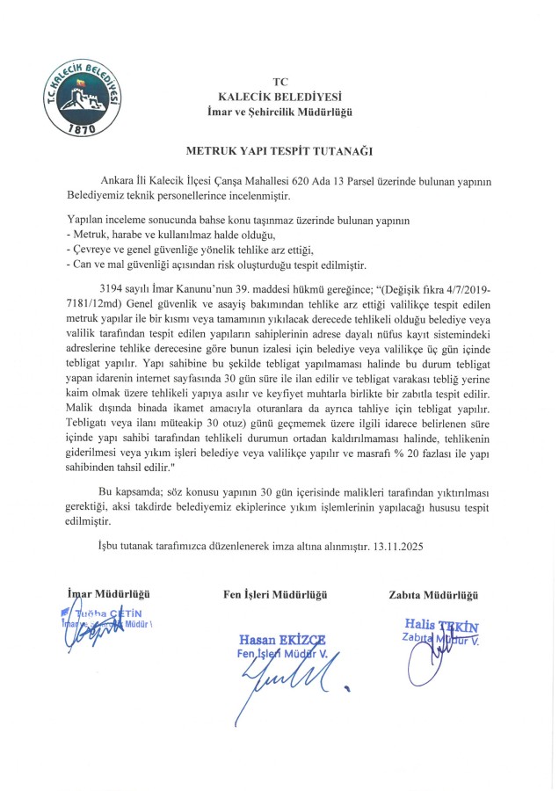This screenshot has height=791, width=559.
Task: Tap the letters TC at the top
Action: click(x=279, y=81)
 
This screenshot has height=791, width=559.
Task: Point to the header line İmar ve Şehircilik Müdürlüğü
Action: click(x=279, y=111)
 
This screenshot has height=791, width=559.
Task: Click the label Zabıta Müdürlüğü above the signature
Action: click(x=431, y=595)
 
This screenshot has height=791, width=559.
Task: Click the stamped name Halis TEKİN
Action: click(x=434, y=626)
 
